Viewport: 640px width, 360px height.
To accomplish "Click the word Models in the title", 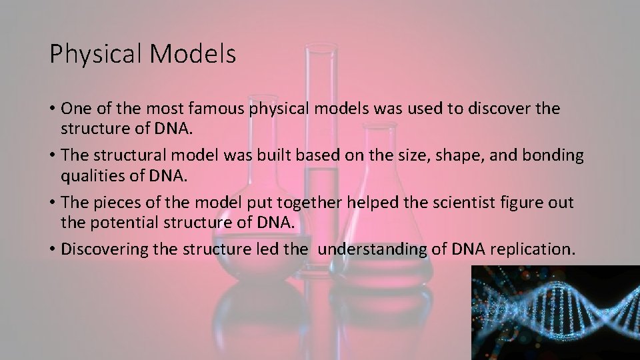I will pyautogui.click(x=194, y=54).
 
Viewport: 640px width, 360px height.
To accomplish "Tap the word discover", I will pyautogui.click(x=494, y=108).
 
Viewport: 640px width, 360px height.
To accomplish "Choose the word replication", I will pyautogui.click(x=531, y=249).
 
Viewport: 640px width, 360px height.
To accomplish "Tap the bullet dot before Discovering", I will pyautogui.click(x=52, y=249).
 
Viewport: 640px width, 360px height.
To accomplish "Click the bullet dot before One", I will pyautogui.click(x=52, y=108).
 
